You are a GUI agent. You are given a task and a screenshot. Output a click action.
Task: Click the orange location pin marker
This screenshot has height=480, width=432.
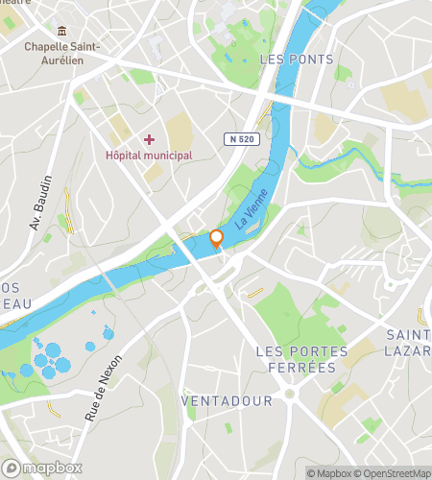[x=217, y=239]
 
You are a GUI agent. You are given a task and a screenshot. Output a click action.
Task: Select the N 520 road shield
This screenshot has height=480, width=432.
[x=244, y=140]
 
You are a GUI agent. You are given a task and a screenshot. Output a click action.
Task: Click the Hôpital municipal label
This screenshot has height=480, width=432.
[x=149, y=155]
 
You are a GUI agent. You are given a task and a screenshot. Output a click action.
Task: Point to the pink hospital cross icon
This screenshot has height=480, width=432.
[x=149, y=139]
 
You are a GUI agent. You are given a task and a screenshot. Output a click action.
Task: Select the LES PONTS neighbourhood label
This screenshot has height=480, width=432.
[x=297, y=60]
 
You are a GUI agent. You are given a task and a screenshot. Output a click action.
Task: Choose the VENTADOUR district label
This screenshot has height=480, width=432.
[x=227, y=399]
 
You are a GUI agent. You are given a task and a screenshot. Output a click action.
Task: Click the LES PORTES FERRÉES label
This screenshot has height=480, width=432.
[x=297, y=359]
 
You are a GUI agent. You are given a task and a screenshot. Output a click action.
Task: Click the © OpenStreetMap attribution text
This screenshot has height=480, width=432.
[x=395, y=472]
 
